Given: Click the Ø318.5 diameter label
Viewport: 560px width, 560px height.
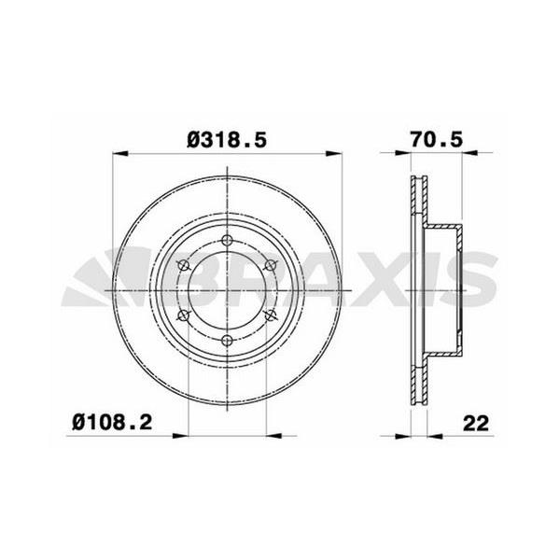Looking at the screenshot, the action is (x=227, y=140).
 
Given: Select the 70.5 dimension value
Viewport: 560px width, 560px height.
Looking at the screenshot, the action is (x=436, y=139).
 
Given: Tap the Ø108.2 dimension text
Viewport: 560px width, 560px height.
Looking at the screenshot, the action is (x=112, y=423).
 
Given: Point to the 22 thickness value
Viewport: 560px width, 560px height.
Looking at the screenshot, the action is (x=476, y=424).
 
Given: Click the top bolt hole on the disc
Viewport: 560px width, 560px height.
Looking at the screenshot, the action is (x=227, y=240).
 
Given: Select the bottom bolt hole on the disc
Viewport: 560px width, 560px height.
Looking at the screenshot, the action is (x=227, y=341).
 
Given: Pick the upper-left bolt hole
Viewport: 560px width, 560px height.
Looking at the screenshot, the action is (x=184, y=265).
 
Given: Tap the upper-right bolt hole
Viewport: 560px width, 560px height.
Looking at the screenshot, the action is (x=271, y=265).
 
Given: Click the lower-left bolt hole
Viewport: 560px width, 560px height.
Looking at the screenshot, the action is (x=184, y=315).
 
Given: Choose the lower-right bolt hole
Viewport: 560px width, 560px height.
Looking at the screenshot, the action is (x=271, y=315).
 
